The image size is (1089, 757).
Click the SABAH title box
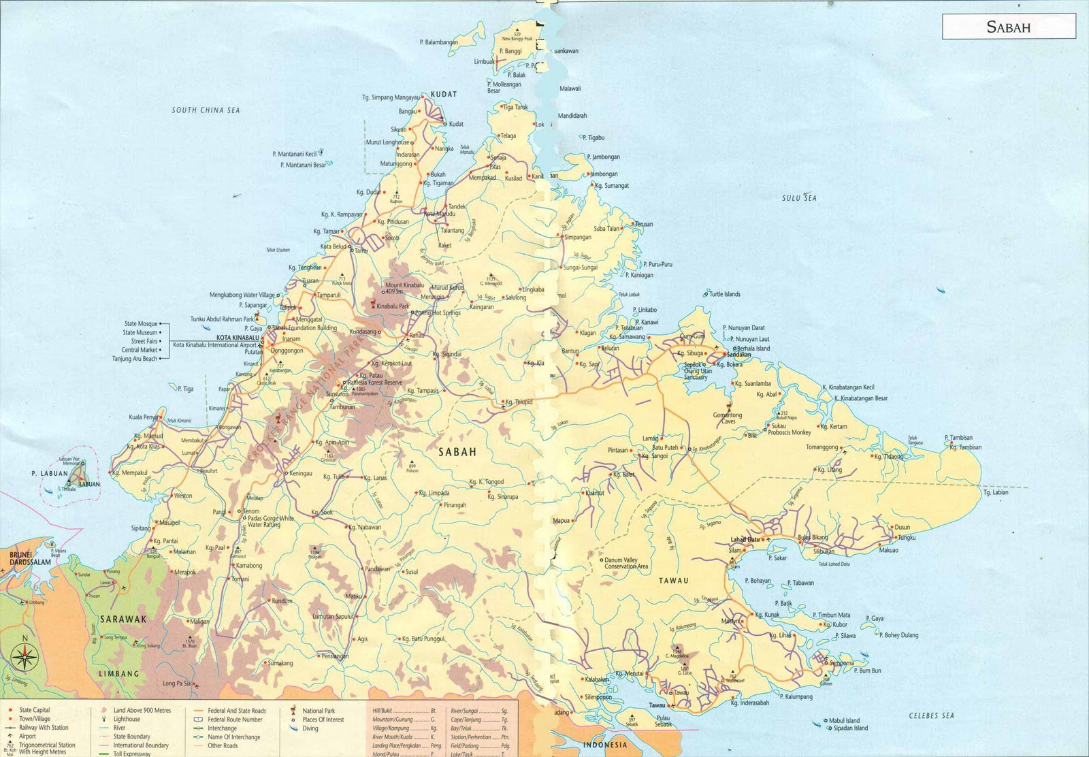click(1009, 27)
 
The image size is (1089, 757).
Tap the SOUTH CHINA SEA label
click(206, 110)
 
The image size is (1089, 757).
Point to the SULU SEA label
click(799, 198)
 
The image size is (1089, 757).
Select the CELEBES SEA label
click(931, 715)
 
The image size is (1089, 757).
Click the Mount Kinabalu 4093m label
click(404, 288)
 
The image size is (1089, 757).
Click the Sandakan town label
click(739, 355)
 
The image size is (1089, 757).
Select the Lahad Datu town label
click(745, 540)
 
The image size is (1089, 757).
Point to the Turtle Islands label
click(724, 294)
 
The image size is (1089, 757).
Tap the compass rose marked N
click(25, 657)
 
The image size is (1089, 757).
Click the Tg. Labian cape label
click(996, 492)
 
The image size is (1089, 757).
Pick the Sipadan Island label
click(851, 728)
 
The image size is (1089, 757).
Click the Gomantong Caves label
click(728, 418)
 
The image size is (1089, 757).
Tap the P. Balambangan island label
click(439, 42)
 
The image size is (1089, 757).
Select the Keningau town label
click(301, 473)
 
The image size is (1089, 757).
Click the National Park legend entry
click(319, 711)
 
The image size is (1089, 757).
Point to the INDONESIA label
click(605, 745)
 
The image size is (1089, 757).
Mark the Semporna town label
click(841, 662)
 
